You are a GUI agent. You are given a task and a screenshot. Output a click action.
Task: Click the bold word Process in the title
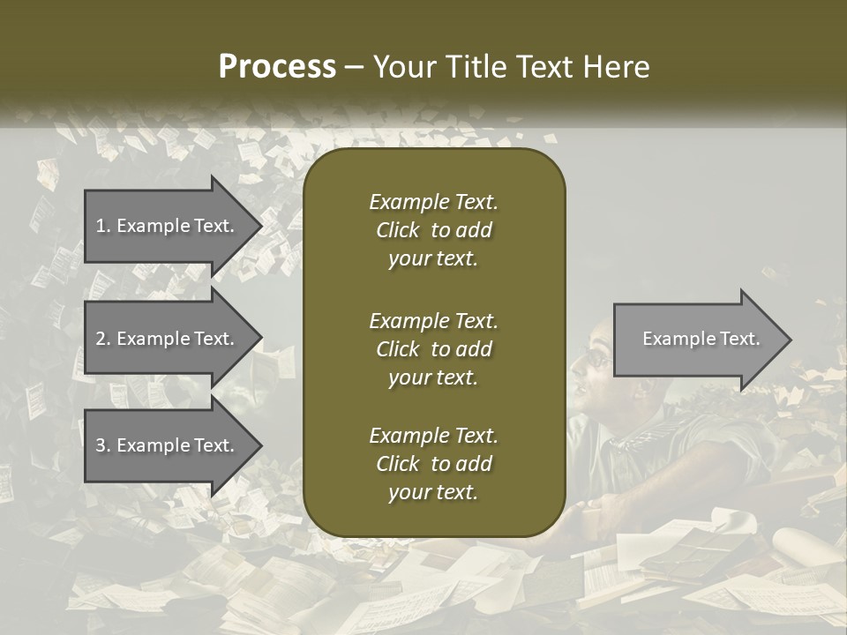(x=276, y=67)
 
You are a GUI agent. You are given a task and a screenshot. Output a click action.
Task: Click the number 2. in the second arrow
(x=102, y=339)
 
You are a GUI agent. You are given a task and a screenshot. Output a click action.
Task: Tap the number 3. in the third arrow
(x=102, y=445)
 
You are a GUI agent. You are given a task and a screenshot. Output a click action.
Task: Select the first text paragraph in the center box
(x=433, y=230)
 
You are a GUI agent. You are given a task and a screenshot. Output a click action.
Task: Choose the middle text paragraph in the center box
(x=433, y=349)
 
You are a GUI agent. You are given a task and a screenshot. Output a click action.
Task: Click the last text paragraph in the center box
(x=433, y=464)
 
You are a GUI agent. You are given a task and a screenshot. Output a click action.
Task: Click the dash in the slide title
(x=354, y=67)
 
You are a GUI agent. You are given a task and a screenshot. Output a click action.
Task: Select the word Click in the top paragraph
(x=397, y=230)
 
